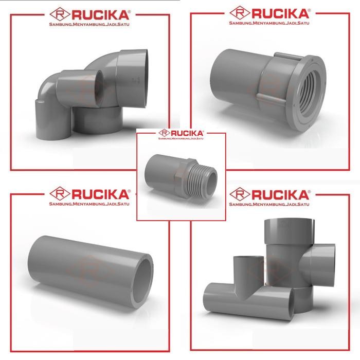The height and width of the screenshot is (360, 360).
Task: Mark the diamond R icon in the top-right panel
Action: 239,12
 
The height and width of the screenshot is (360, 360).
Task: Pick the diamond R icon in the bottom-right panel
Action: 239,194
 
